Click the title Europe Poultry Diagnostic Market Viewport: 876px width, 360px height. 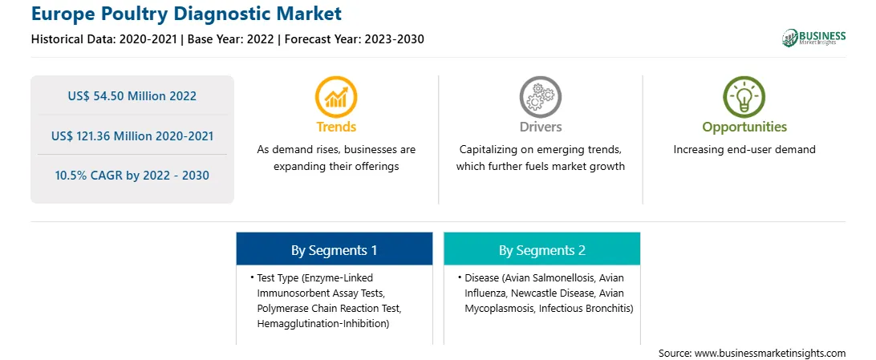(x=187, y=14)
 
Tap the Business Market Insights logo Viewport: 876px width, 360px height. (x=813, y=38)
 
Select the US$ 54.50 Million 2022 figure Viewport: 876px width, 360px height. (x=132, y=96)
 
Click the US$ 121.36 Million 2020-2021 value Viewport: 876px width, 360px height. (x=132, y=136)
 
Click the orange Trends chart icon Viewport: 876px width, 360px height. (x=336, y=97)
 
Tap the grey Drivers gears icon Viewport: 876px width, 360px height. (x=540, y=97)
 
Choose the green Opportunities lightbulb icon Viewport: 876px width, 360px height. (x=744, y=97)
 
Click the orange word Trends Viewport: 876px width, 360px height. (x=336, y=127)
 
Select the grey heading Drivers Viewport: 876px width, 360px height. (x=540, y=127)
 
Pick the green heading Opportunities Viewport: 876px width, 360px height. (x=744, y=127)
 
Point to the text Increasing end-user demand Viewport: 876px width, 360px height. (x=744, y=150)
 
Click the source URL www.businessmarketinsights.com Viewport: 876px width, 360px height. (x=771, y=354)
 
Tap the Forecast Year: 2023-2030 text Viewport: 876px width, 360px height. (x=355, y=40)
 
